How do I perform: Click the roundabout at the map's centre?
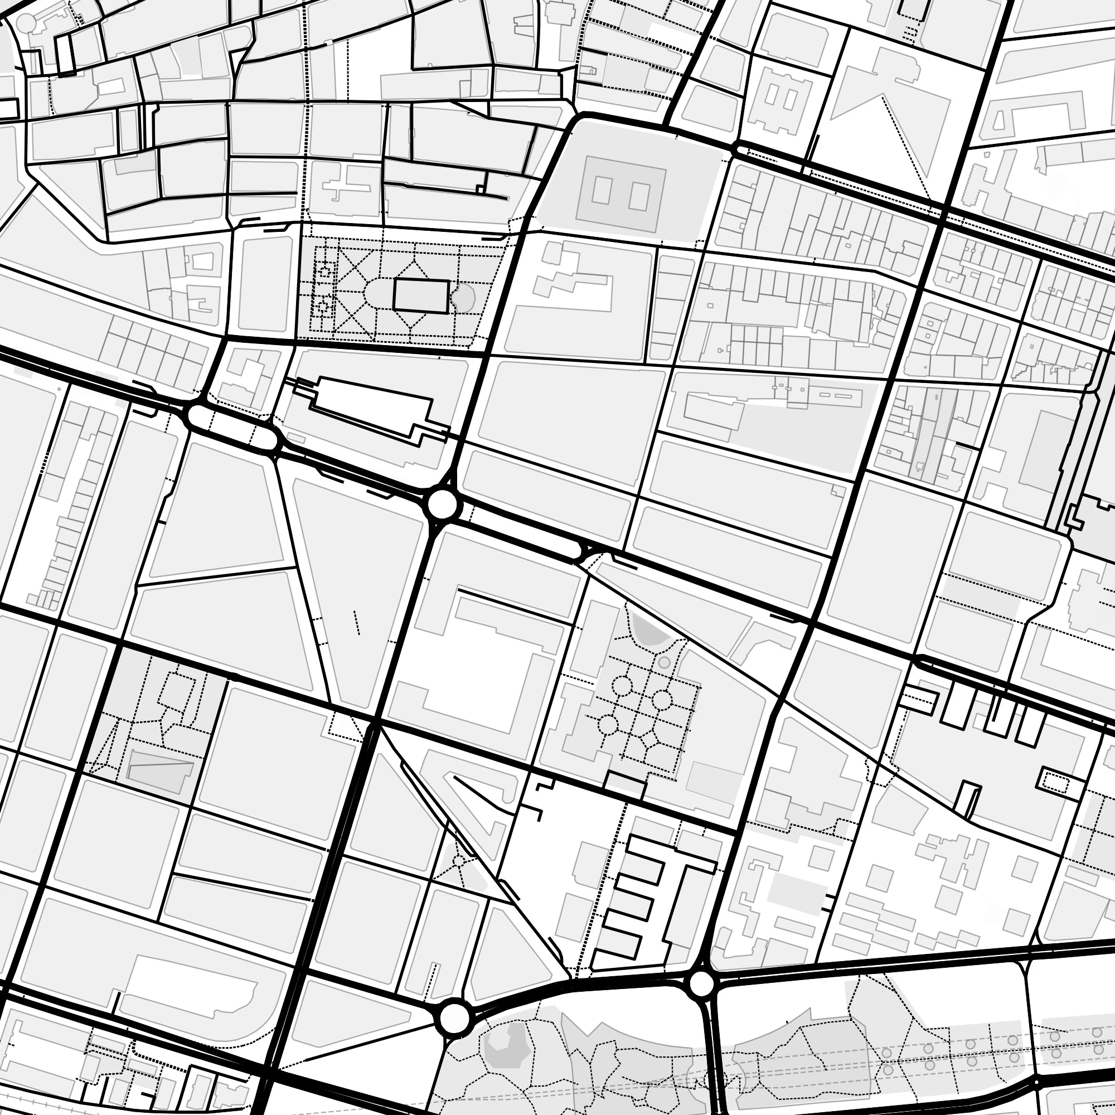(x=443, y=505)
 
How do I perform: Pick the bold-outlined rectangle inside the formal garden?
(x=421, y=297)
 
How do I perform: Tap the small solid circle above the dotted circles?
(x=665, y=662)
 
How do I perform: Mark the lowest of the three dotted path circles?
(x=608, y=724)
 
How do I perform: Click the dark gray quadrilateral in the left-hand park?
(x=159, y=769)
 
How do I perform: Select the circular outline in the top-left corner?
(x=26, y=23)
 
